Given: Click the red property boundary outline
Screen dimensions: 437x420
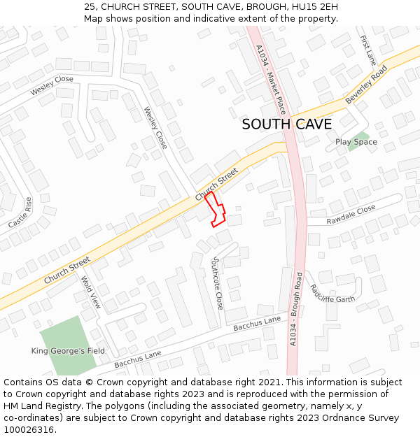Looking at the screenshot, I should tap(216, 210).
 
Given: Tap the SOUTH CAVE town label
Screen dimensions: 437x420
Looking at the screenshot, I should tap(286, 124).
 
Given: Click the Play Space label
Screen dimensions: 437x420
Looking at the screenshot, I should tap(356, 142).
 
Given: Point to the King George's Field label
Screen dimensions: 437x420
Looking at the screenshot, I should tap(68, 350).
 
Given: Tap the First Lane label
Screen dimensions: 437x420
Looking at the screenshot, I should tap(367, 50).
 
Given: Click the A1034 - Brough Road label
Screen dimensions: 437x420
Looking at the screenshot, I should tap(296, 308).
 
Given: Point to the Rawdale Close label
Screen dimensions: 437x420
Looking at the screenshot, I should tap(352, 215).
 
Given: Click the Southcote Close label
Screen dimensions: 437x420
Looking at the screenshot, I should tap(217, 283).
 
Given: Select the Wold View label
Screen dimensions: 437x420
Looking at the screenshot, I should tap(92, 292).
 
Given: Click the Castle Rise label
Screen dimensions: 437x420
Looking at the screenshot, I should tap(20, 213).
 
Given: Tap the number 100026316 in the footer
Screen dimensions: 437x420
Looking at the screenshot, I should tap(29, 430).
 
